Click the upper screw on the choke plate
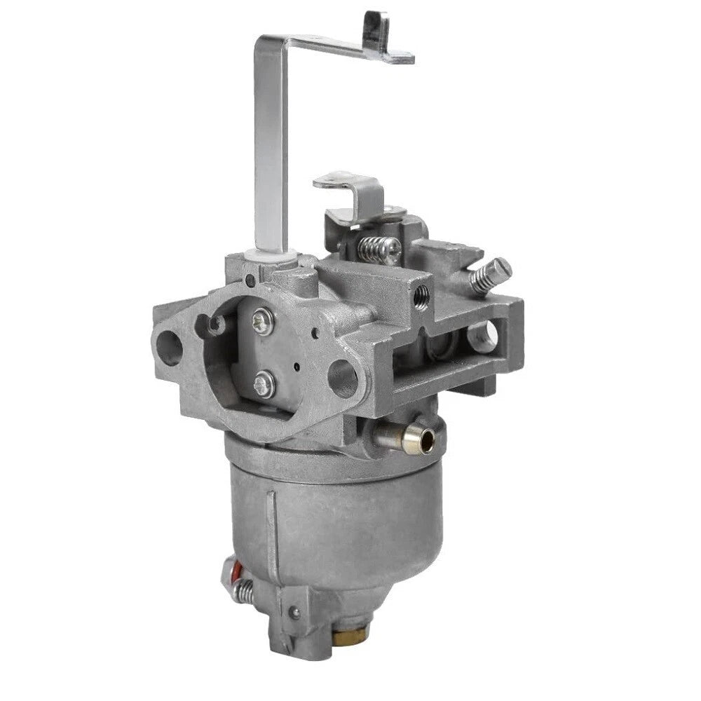(x=263, y=322)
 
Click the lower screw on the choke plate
(x=265, y=383)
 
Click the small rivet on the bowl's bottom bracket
(x=295, y=612)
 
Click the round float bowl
(x=336, y=519)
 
